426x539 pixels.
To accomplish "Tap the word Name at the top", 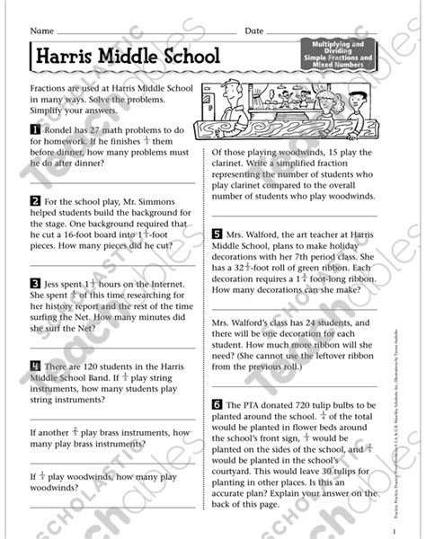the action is (41, 29).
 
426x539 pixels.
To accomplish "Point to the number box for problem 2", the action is (34, 199).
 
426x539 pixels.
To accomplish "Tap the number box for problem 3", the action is (34, 280).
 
